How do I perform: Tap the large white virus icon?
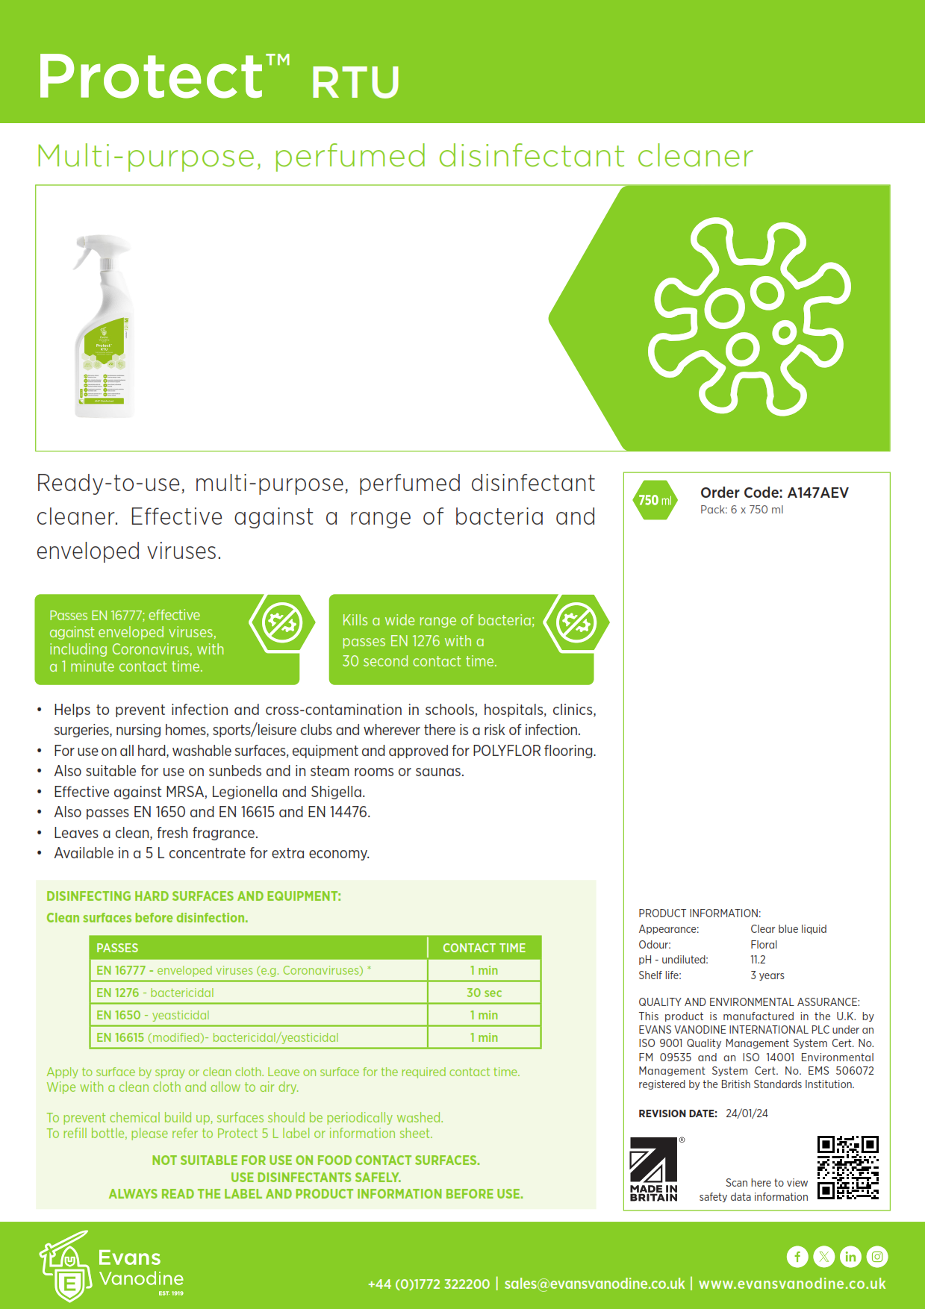[x=749, y=316]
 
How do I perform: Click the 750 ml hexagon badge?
[x=655, y=500]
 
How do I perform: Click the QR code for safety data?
[x=847, y=1167]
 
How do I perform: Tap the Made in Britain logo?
[x=654, y=1169]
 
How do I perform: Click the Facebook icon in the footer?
[x=797, y=1257]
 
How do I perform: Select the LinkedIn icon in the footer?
[x=850, y=1257]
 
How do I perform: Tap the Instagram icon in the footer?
[x=877, y=1257]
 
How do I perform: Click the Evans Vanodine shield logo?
[x=66, y=1266]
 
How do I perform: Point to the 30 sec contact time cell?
[x=484, y=993]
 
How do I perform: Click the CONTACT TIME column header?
[x=484, y=948]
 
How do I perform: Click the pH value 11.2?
[x=758, y=960]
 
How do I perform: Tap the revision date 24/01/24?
[x=747, y=1113]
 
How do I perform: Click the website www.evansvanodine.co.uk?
[x=792, y=1284]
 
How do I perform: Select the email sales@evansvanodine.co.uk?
[x=594, y=1284]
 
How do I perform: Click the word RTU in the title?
[x=355, y=82]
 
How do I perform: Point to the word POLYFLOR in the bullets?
[x=506, y=751]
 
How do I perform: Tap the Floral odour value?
[x=764, y=945]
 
